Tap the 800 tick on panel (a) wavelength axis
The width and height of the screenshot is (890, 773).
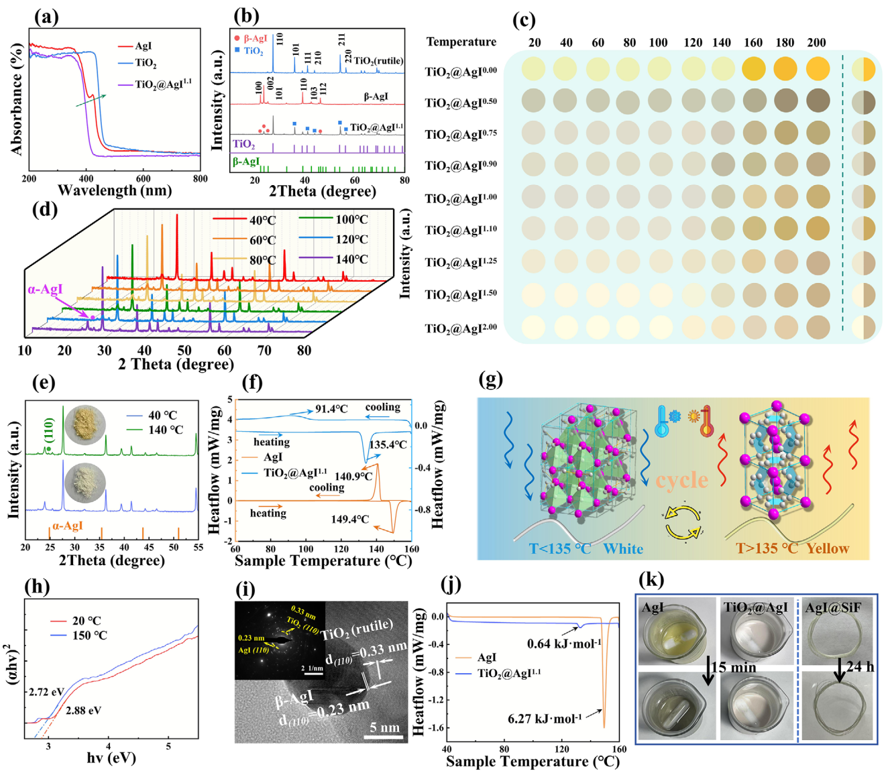click(x=200, y=179)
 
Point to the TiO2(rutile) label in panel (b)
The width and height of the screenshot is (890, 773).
click(x=378, y=61)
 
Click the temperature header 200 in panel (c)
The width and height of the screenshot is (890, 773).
click(x=816, y=42)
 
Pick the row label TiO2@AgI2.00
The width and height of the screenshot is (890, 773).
click(x=461, y=329)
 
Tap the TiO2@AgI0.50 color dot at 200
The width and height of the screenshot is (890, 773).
click(x=818, y=101)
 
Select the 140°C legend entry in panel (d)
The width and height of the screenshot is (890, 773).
click(x=351, y=259)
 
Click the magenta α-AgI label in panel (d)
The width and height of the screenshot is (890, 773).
click(x=45, y=290)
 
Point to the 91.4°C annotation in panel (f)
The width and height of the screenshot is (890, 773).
click(x=331, y=409)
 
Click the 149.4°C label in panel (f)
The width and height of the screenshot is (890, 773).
click(x=349, y=519)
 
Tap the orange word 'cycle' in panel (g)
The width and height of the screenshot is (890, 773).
click(x=681, y=480)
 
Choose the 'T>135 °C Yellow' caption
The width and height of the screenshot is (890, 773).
click(x=792, y=548)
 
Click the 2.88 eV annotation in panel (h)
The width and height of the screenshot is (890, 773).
click(x=83, y=710)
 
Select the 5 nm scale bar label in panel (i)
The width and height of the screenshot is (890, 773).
click(x=384, y=727)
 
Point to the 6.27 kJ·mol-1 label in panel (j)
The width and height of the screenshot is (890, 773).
click(x=545, y=719)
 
